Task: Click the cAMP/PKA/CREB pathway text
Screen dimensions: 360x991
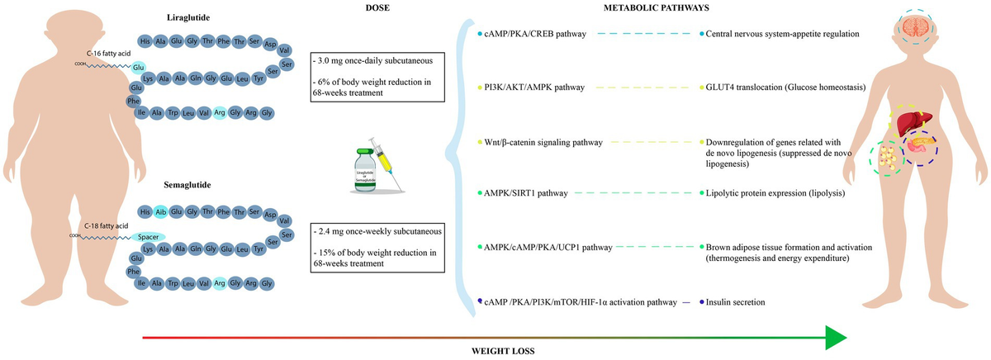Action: click(541, 34)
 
